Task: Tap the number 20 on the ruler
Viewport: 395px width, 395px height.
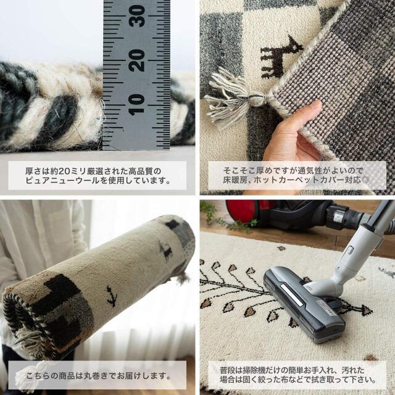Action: (137, 60)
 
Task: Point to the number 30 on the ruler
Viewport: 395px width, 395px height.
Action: (137, 17)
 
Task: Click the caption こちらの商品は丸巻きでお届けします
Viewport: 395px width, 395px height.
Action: (98, 373)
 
